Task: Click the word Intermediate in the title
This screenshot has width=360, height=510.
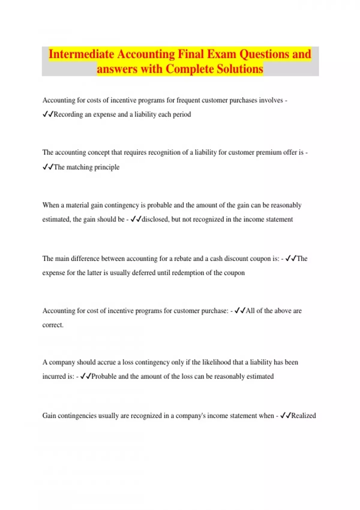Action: tap(81, 54)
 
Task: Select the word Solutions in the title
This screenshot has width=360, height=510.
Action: tap(240, 69)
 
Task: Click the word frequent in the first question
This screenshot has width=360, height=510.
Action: tap(188, 100)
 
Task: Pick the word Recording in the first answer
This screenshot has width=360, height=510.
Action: tap(68, 115)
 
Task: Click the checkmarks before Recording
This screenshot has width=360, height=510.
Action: tap(48, 114)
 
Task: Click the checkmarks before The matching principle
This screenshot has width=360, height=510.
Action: tap(48, 167)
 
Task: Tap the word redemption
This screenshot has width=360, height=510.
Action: tap(188, 273)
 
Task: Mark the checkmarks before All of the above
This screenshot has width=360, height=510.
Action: tap(240, 311)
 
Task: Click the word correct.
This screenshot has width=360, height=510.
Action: tap(53, 325)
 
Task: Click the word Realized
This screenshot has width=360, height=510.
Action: tap(304, 416)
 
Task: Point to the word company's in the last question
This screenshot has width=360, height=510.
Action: tap(190, 416)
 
